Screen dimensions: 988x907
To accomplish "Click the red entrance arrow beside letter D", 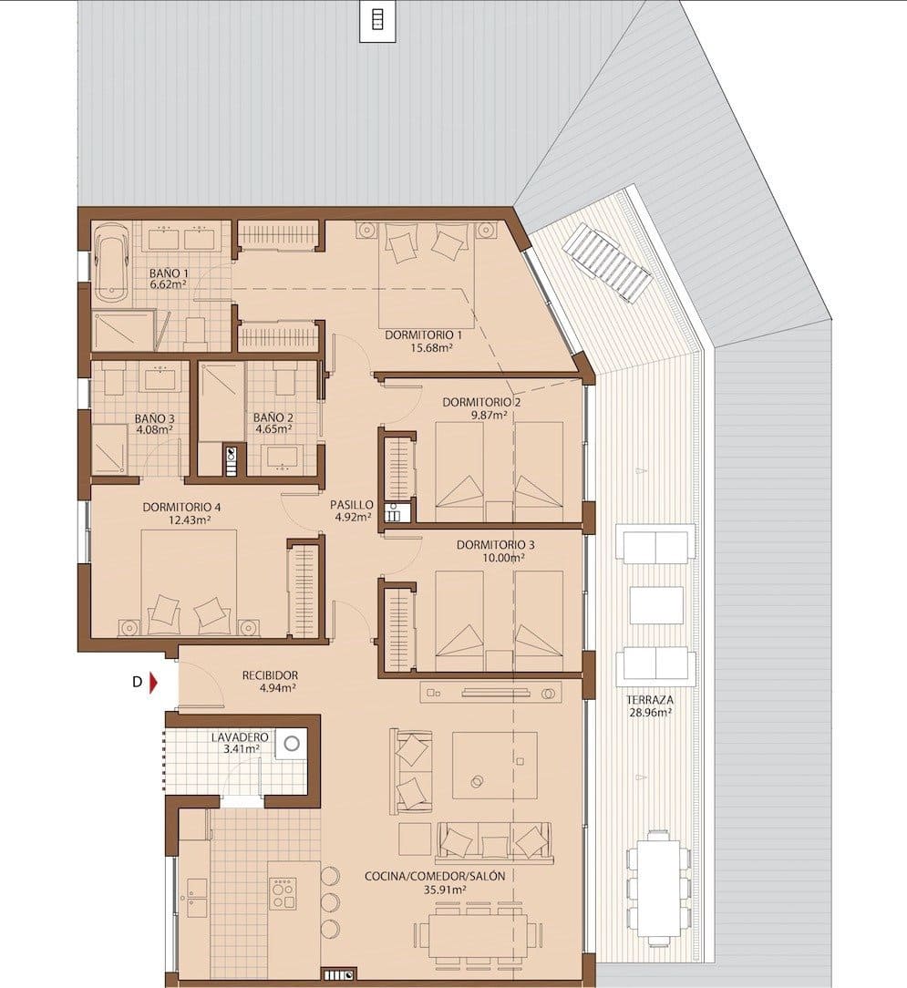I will coord(155,681).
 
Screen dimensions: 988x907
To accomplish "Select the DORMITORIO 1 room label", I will coord(423,335).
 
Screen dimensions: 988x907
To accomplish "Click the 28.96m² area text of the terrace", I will coord(649,713).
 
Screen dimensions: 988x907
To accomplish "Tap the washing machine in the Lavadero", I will coord(292,743).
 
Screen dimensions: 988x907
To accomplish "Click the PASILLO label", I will coord(352,504).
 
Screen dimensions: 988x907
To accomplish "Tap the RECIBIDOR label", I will coord(270,675).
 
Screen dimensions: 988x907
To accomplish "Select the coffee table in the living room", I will coord(494,765).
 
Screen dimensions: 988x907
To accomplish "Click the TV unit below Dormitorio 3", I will coord(490,693).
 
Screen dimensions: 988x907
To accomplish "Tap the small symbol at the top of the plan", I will coord(378,20).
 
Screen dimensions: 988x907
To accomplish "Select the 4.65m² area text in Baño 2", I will coord(273,428).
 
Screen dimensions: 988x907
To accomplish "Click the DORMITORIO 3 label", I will coord(496,545).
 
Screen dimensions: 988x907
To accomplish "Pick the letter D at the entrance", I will coord(137,681).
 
